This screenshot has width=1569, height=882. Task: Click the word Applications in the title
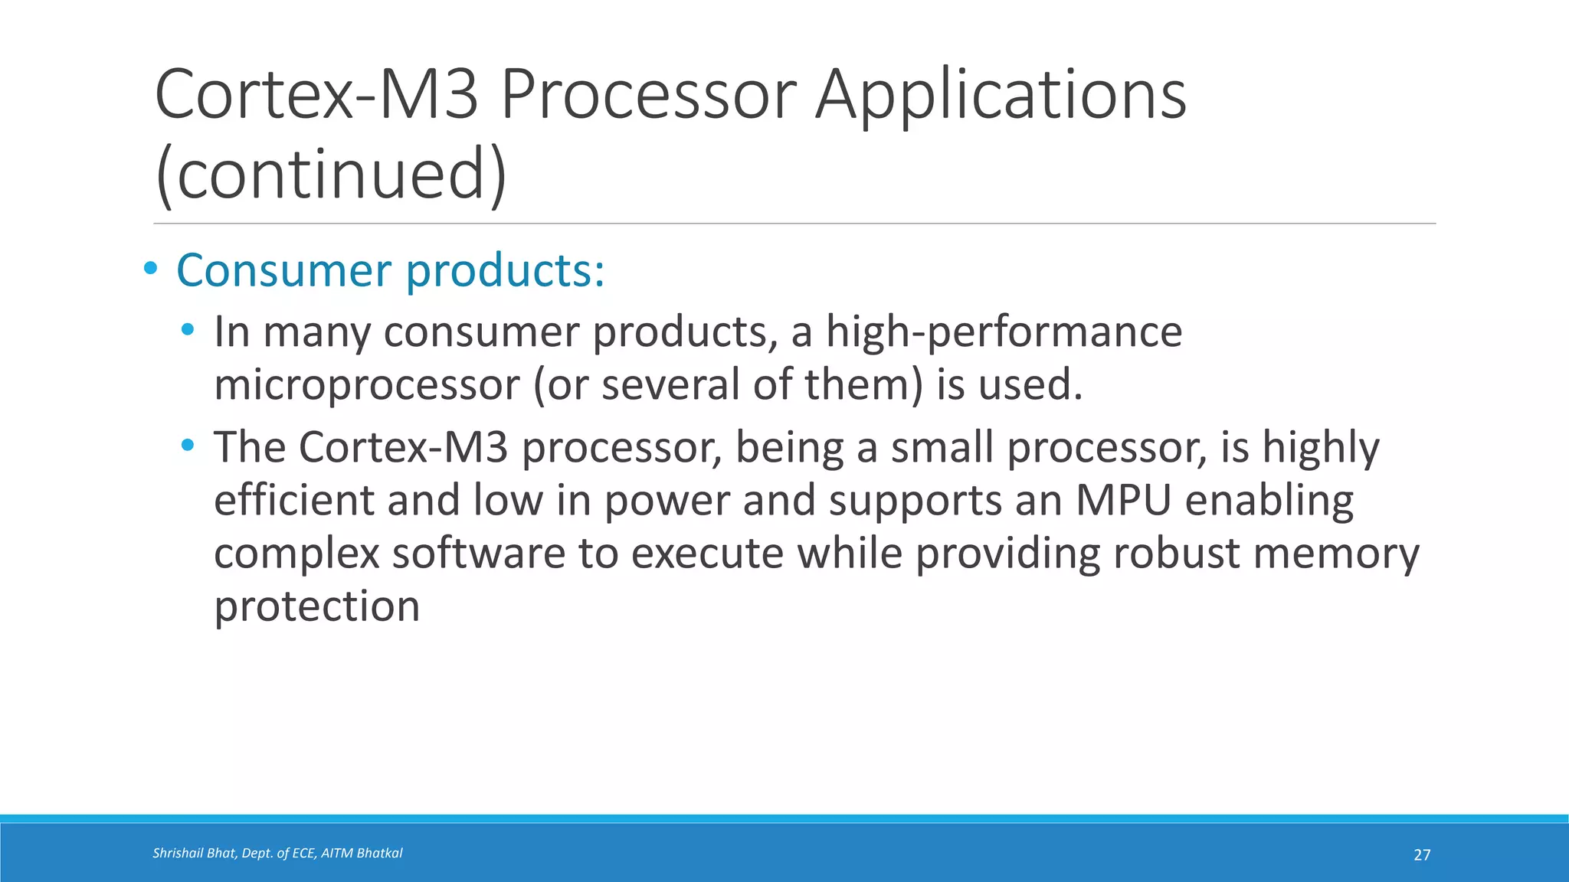pyautogui.click(x=1000, y=96)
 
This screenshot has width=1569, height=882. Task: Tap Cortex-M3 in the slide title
pyautogui.click(x=316, y=95)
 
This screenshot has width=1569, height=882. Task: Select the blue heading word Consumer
pyautogui.click(x=284, y=271)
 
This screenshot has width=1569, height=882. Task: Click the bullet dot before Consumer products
pyautogui.click(x=150, y=269)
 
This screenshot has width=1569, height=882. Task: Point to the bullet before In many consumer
pyautogui.click(x=188, y=331)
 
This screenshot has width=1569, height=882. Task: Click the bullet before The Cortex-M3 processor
pyautogui.click(x=188, y=445)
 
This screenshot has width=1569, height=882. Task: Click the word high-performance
pyautogui.click(x=1004, y=332)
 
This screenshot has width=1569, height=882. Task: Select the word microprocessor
pyautogui.click(x=366, y=384)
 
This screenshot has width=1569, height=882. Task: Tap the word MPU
pyautogui.click(x=1123, y=500)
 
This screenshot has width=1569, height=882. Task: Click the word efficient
pyautogui.click(x=293, y=500)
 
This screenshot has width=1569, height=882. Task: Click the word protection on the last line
pyautogui.click(x=316, y=606)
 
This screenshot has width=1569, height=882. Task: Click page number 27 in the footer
pyautogui.click(x=1421, y=855)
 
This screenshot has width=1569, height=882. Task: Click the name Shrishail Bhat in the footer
pyautogui.click(x=193, y=853)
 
